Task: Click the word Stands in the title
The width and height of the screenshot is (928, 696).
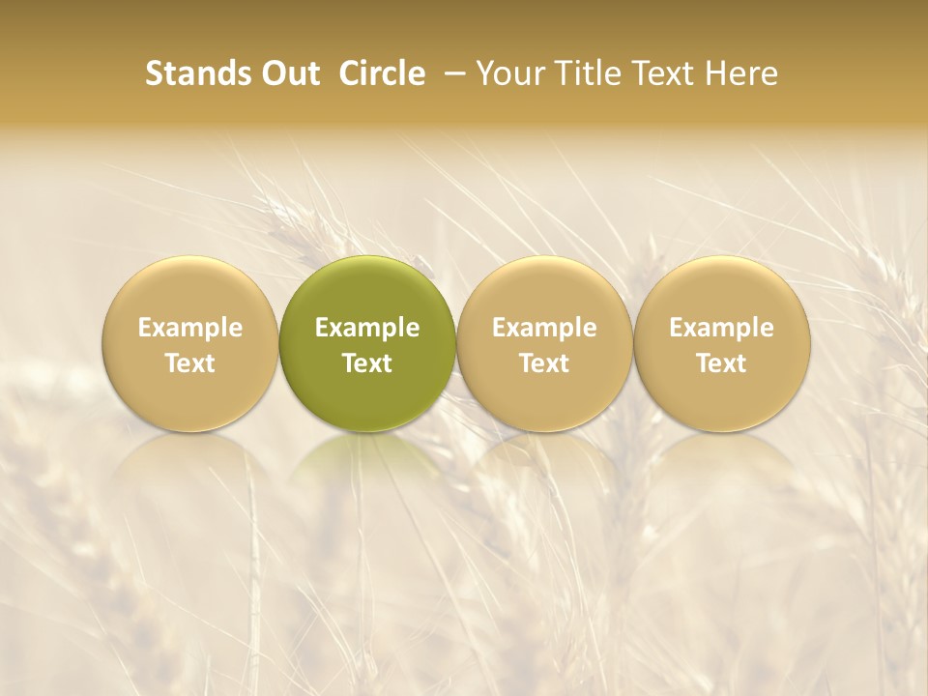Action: (x=198, y=73)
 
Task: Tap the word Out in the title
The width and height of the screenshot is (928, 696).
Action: (x=289, y=73)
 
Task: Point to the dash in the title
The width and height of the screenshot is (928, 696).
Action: (x=450, y=74)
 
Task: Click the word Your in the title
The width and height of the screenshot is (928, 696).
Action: (x=508, y=73)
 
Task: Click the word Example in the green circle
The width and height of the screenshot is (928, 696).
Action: (x=367, y=328)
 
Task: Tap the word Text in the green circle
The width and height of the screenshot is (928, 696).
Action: (x=367, y=363)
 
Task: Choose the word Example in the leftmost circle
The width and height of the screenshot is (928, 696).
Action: (x=190, y=328)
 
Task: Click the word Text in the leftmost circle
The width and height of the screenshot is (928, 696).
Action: (x=190, y=363)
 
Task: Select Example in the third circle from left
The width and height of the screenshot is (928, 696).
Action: (x=544, y=328)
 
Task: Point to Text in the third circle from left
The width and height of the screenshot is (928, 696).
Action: (x=544, y=363)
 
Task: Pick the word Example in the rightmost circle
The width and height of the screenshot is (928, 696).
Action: (x=722, y=328)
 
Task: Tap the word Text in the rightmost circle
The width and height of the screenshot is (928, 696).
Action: (x=722, y=363)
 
